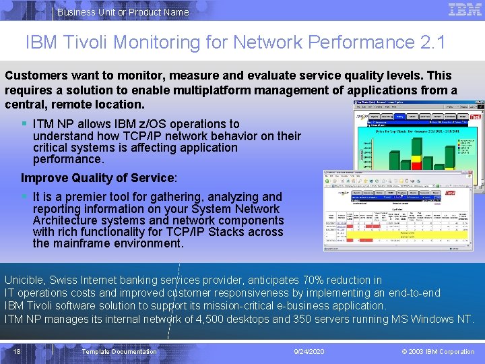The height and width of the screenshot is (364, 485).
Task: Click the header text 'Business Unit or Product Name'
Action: tap(123, 12)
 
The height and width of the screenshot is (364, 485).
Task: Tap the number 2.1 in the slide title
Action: tap(432, 42)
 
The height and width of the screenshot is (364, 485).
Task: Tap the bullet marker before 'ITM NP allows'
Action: tap(24, 124)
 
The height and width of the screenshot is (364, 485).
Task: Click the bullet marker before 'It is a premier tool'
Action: tap(24, 197)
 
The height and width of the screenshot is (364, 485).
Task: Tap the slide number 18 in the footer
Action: tap(17, 351)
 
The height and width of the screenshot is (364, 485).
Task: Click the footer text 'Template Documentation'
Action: tap(119, 351)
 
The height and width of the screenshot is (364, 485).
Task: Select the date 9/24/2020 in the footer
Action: tap(310, 351)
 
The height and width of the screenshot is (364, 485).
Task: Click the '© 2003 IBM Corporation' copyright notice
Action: tap(438, 351)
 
